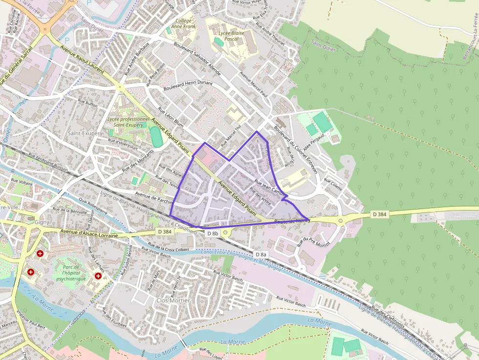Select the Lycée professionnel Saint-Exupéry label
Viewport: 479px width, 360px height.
128,122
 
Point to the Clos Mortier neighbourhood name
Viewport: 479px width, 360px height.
173,300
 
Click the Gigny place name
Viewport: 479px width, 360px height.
42,222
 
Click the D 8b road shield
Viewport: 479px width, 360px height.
212,233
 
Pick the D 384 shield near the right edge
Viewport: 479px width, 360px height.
379,214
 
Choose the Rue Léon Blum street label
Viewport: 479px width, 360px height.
172,118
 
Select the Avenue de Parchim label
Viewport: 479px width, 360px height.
154,199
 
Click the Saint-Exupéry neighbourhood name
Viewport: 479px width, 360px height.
85,133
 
